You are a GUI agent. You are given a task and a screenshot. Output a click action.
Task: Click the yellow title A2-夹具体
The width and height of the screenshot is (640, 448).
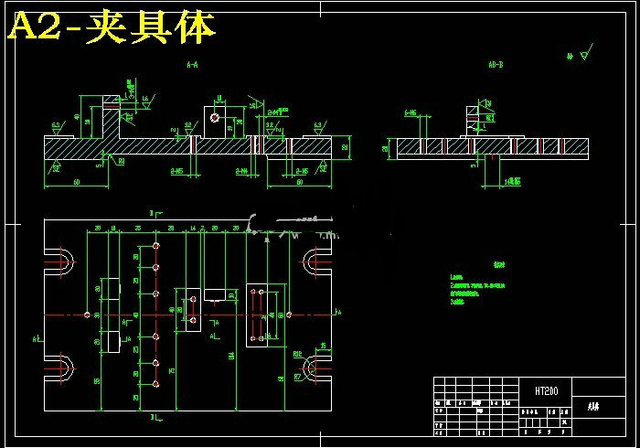point(112,28)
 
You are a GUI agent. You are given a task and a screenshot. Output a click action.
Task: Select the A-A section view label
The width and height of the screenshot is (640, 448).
point(192,66)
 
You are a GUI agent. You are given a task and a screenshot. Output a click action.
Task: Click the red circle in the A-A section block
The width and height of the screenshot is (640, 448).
point(214,117)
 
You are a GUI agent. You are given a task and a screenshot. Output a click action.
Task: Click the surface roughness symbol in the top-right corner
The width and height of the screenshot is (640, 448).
point(582,54)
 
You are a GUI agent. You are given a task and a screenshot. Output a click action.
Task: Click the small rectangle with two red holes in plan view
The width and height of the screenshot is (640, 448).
point(193,310)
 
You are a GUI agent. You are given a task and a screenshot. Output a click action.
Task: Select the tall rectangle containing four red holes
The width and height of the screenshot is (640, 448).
point(258,315)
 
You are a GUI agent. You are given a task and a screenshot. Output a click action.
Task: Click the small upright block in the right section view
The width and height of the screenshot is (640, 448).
point(472,118)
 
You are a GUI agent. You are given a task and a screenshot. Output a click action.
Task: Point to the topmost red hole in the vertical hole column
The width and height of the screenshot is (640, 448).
point(157,247)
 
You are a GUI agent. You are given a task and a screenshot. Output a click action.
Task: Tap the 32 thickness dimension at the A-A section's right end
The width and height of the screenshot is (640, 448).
point(345,146)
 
